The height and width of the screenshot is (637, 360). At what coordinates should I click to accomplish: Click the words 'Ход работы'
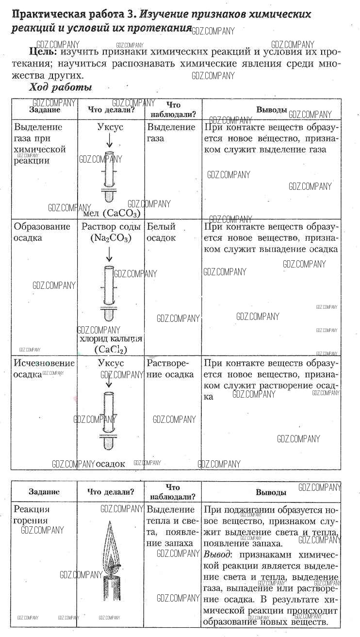click(61, 88)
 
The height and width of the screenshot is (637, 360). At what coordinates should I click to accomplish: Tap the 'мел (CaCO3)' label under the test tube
click(112, 214)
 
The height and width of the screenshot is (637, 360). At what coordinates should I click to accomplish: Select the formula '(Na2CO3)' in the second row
click(111, 238)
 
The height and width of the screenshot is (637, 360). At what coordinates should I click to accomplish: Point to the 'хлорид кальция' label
click(111, 339)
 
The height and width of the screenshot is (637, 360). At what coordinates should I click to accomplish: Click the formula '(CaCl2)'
click(111, 349)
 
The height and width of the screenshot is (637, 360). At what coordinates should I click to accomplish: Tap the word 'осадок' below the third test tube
click(110, 464)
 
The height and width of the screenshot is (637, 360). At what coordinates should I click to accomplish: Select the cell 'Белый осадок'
click(161, 232)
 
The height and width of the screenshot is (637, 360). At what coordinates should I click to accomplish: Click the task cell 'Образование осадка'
click(42, 232)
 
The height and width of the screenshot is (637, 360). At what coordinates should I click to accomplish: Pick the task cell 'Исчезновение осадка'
click(44, 369)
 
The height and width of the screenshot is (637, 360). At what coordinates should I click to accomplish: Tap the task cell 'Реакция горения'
click(32, 515)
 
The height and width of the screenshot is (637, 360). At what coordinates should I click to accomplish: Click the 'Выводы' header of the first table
click(271, 110)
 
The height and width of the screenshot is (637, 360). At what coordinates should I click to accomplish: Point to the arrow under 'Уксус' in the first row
click(110, 141)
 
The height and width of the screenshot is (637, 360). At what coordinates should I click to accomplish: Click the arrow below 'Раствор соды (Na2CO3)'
click(110, 254)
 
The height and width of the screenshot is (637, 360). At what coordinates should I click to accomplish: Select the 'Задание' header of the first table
click(45, 110)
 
